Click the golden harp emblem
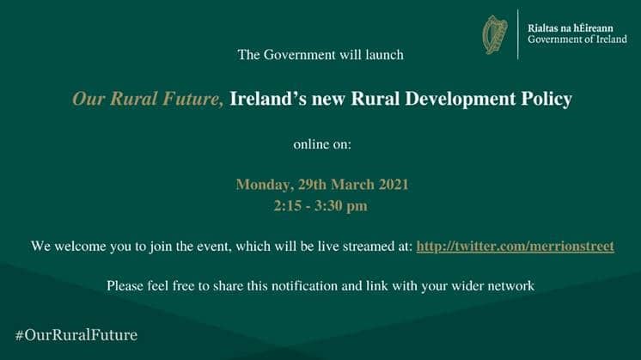click(x=495, y=34)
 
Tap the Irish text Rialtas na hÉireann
click(x=570, y=28)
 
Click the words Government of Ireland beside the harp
click(x=577, y=40)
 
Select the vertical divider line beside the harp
click(x=518, y=34)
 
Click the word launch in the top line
click(x=384, y=55)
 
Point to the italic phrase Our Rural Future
click(x=148, y=99)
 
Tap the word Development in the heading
click(x=461, y=100)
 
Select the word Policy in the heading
click(x=546, y=100)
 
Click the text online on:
click(x=322, y=144)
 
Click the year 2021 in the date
click(x=394, y=184)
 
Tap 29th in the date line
click(x=312, y=184)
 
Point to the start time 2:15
click(x=287, y=206)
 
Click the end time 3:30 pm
click(x=341, y=206)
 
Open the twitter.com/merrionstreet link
click(x=515, y=247)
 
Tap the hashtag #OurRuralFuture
click(x=76, y=335)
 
